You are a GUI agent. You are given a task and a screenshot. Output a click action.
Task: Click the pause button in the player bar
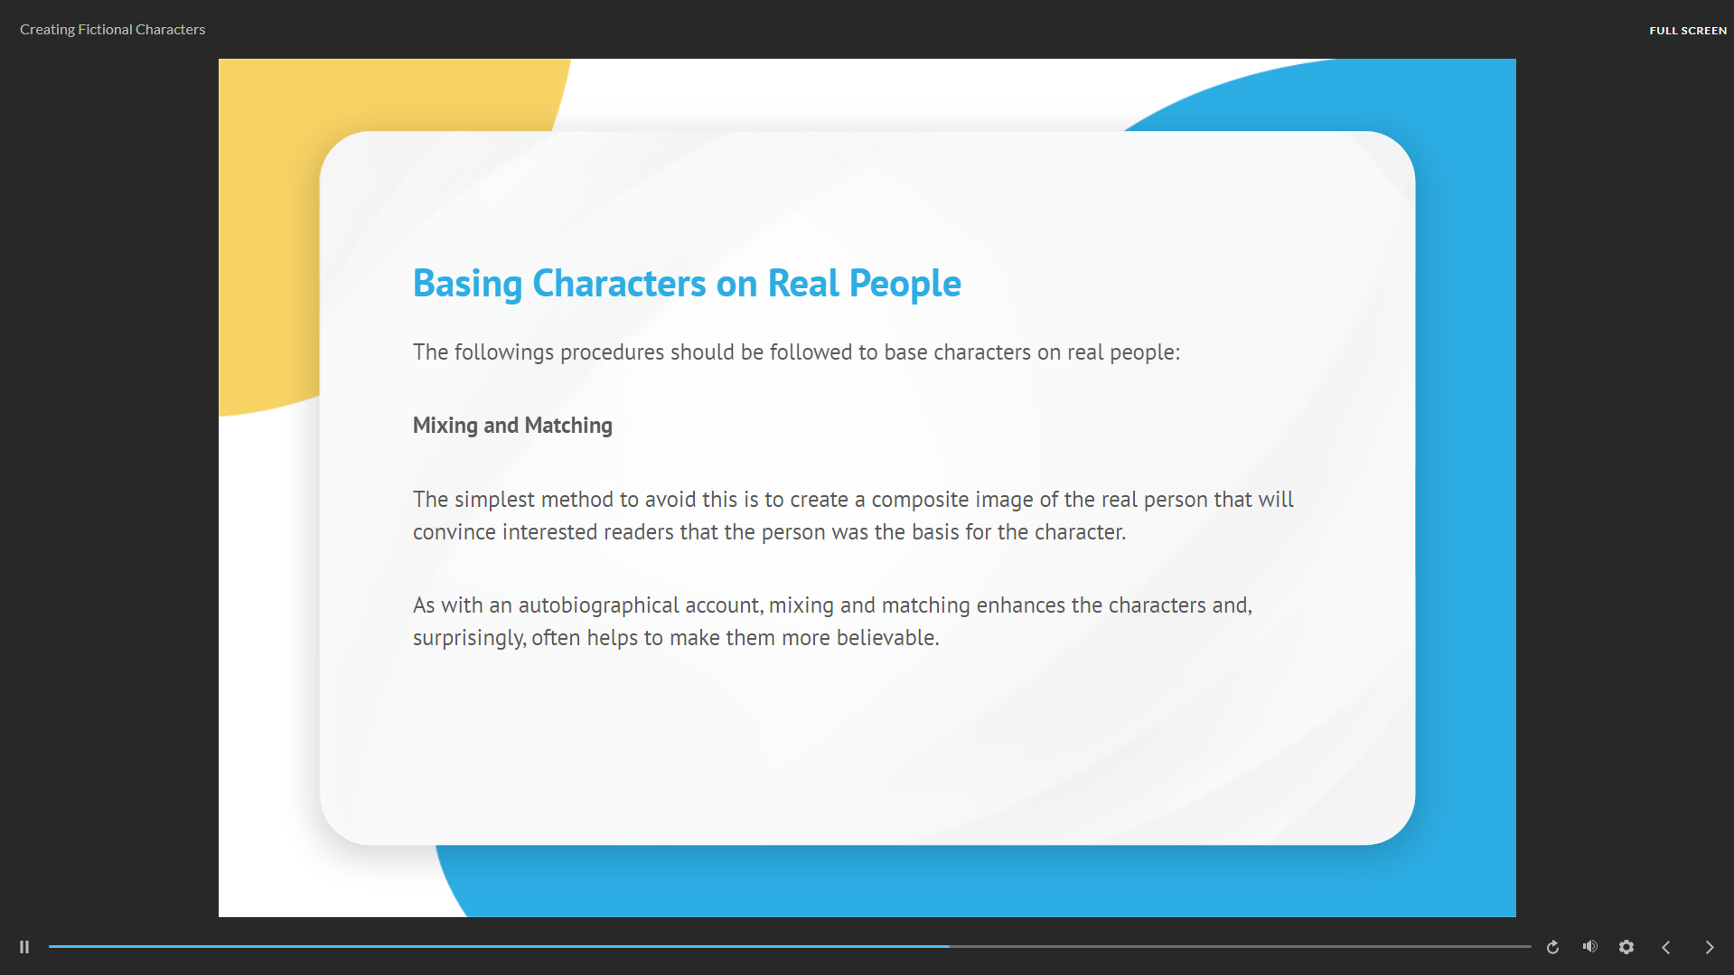tap(24, 947)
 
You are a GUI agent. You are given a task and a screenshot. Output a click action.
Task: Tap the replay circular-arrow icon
tap(1552, 947)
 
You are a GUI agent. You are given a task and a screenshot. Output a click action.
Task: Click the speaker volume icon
tap(1590, 946)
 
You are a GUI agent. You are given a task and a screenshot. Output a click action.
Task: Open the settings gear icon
tap(1626, 947)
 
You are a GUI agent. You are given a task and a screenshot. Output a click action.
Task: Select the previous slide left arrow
tap(1666, 947)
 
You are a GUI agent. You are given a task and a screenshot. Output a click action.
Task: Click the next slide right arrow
tap(1710, 947)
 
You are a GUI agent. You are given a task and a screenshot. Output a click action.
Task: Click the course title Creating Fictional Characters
tap(113, 30)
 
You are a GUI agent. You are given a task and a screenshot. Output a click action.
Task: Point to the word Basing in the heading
tap(467, 285)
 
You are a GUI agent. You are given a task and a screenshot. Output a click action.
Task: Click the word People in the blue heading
tap(905, 285)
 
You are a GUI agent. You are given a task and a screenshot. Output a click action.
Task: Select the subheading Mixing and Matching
tap(512, 426)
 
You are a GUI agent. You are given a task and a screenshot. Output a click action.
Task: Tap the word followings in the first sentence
tap(504, 352)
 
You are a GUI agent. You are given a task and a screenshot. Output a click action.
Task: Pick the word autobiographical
tap(598, 605)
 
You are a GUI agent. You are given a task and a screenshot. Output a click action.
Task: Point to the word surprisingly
tap(468, 638)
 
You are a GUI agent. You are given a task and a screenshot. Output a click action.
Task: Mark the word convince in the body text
tap(455, 532)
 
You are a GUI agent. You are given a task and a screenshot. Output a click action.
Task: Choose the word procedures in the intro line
tap(612, 352)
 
